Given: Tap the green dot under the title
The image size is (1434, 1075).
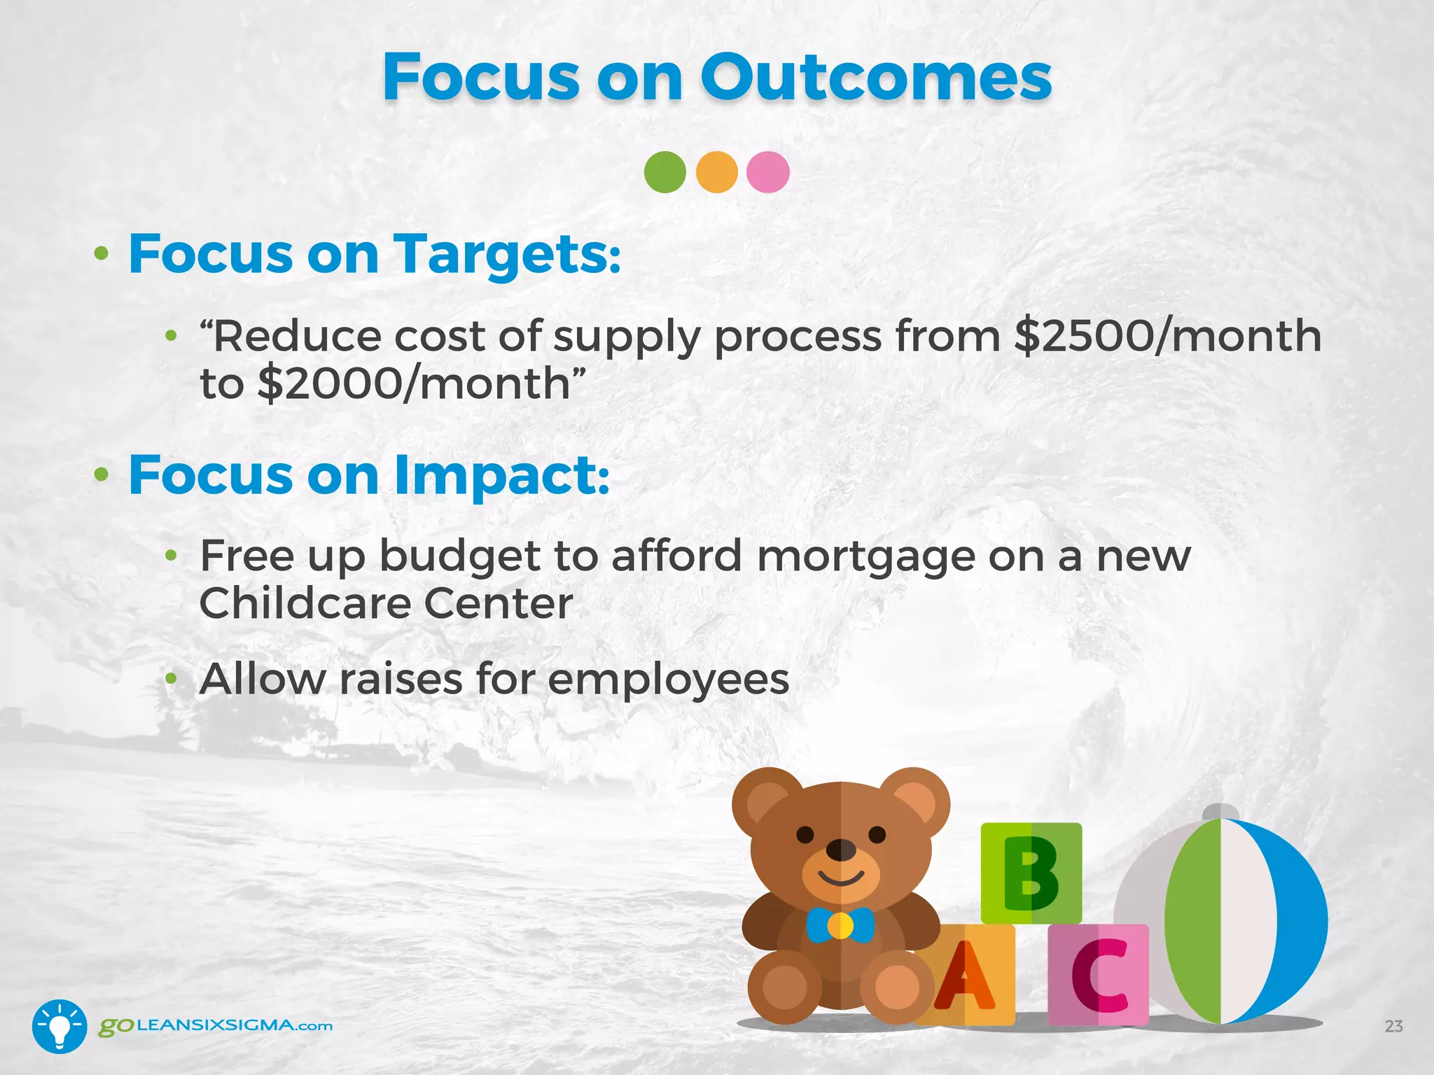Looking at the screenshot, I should tap(664, 172).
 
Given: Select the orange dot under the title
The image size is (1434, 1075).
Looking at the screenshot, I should tap(717, 172).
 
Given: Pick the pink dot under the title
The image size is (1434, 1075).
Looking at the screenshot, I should tap(768, 172).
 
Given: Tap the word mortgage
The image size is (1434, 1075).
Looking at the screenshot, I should tap(865, 557).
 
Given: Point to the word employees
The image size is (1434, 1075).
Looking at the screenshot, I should tap(668, 680).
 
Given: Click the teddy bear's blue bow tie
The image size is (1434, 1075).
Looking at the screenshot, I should tap(840, 925).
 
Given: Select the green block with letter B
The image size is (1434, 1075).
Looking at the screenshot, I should tap(1031, 873).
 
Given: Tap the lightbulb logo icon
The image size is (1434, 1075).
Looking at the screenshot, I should tap(60, 1026).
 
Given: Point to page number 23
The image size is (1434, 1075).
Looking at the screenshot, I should tap(1393, 1027).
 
